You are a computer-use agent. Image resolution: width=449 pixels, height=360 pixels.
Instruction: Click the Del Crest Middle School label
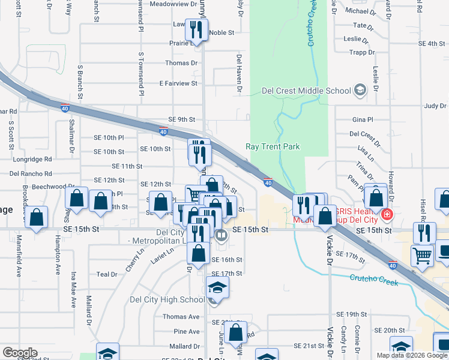click(x=306, y=91)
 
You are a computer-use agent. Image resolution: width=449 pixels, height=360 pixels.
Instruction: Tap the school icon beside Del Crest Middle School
click(x=360, y=91)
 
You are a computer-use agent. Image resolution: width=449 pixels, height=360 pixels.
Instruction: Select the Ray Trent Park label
click(x=273, y=146)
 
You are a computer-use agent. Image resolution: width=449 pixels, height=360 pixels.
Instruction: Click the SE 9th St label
click(x=182, y=119)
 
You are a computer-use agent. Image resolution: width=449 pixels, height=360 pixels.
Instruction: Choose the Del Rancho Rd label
click(x=31, y=173)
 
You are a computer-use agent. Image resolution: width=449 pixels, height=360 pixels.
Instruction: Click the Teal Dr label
click(x=106, y=274)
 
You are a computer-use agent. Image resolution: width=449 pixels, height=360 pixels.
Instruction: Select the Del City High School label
click(x=167, y=299)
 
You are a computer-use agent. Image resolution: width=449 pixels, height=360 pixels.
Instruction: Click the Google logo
click(x=20, y=353)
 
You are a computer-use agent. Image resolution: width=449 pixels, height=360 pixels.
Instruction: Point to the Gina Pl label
click(x=363, y=119)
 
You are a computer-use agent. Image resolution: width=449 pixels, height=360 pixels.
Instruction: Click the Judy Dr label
click(x=435, y=106)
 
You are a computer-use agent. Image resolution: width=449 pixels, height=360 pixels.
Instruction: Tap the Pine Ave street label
click(x=186, y=331)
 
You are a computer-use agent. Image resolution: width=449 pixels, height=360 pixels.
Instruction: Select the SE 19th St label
click(x=351, y=314)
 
